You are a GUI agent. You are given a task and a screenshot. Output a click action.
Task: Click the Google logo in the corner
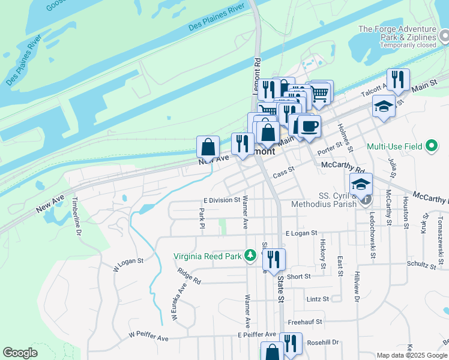click(x=20, y=353)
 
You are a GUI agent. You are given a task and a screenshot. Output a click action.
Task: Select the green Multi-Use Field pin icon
click(x=431, y=146)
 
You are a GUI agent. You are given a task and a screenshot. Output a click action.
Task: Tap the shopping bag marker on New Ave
click(x=208, y=146)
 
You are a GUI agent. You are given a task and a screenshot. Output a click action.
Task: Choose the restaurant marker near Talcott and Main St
click(x=398, y=79)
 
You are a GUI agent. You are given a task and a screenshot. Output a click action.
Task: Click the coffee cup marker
click(x=310, y=127)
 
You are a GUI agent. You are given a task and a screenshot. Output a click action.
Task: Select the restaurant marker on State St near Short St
click(x=274, y=260)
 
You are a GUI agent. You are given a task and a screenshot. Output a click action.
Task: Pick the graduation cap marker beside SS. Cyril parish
click(x=361, y=184)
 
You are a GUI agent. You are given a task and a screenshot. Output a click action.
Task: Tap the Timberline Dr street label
click(x=76, y=217)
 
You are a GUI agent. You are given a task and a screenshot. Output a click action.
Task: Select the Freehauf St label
click(x=305, y=322)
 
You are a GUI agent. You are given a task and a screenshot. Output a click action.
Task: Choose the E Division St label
click(x=222, y=200)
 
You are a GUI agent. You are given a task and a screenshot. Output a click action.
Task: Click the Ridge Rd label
click(x=188, y=276)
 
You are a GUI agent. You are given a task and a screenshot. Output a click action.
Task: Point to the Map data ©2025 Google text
click(x=411, y=355)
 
